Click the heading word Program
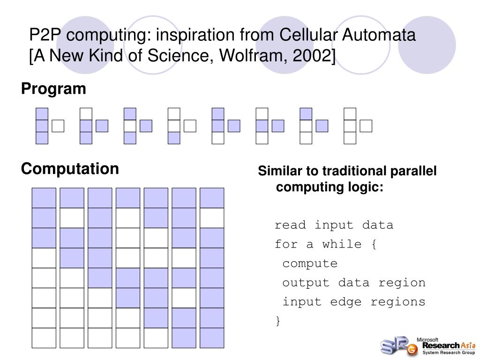click(x=53, y=89)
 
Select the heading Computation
click(x=70, y=169)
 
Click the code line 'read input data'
click(x=334, y=225)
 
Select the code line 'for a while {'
click(x=325, y=244)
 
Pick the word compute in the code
click(x=310, y=263)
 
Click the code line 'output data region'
click(x=354, y=283)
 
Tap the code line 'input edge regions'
click(x=354, y=302)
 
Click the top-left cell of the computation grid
click(x=44, y=198)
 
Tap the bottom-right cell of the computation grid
click(x=212, y=338)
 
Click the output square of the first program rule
click(x=58, y=126)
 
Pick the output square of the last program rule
click(x=366, y=126)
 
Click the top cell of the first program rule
click(x=42, y=113)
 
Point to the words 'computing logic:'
click(x=330, y=187)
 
